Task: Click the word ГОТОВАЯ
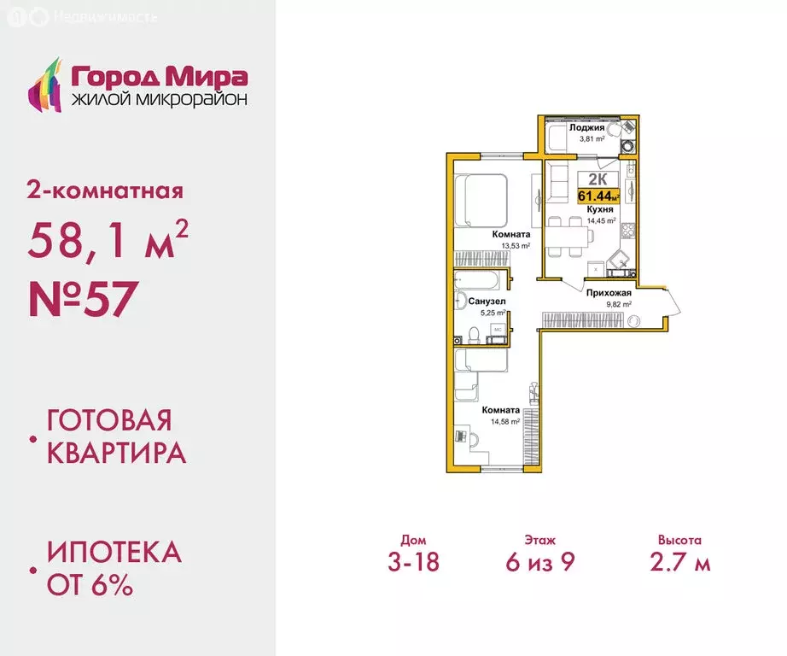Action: (x=109, y=420)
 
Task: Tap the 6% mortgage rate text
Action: (x=107, y=586)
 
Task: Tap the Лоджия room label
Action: (x=587, y=128)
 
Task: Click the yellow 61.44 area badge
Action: (x=598, y=196)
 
